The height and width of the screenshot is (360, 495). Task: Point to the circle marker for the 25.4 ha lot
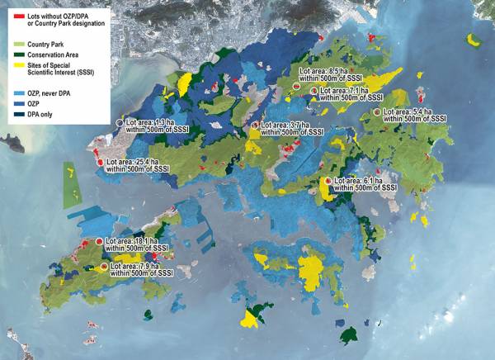pyautogui.click(x=100, y=163)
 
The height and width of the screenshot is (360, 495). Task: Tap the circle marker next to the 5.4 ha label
pyautogui.click(x=377, y=111)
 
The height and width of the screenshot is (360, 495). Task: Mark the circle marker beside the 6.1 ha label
pyautogui.click(x=328, y=181)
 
